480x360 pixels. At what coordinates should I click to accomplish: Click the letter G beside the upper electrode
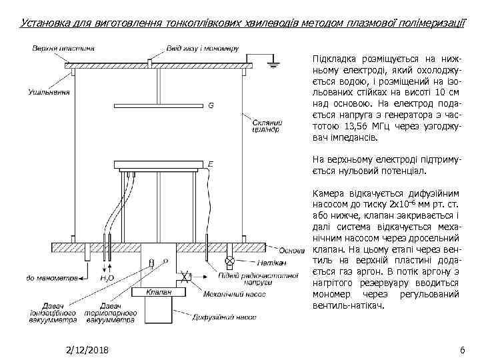[x=211, y=105]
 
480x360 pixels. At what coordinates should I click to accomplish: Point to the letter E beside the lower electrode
[x=211, y=163]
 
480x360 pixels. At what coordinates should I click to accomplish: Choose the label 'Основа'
[x=291, y=251]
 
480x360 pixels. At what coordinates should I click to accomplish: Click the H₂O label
[x=107, y=277]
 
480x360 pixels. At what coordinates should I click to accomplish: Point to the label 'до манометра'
[x=48, y=277]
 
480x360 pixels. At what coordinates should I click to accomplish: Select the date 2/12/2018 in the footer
[x=88, y=350]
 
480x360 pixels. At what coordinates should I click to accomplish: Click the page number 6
[x=462, y=350]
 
